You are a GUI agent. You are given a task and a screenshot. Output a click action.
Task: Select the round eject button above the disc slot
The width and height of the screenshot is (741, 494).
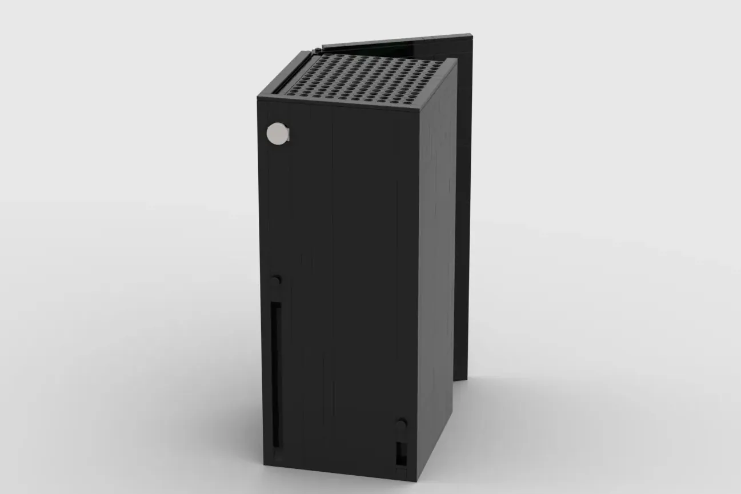(x=276, y=282)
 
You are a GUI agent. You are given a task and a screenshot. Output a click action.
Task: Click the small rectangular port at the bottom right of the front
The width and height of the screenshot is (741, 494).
(x=400, y=453)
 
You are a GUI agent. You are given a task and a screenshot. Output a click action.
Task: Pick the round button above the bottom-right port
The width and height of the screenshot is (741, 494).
(x=402, y=424)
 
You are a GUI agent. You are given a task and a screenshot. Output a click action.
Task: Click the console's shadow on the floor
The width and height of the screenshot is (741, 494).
(x=486, y=434)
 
